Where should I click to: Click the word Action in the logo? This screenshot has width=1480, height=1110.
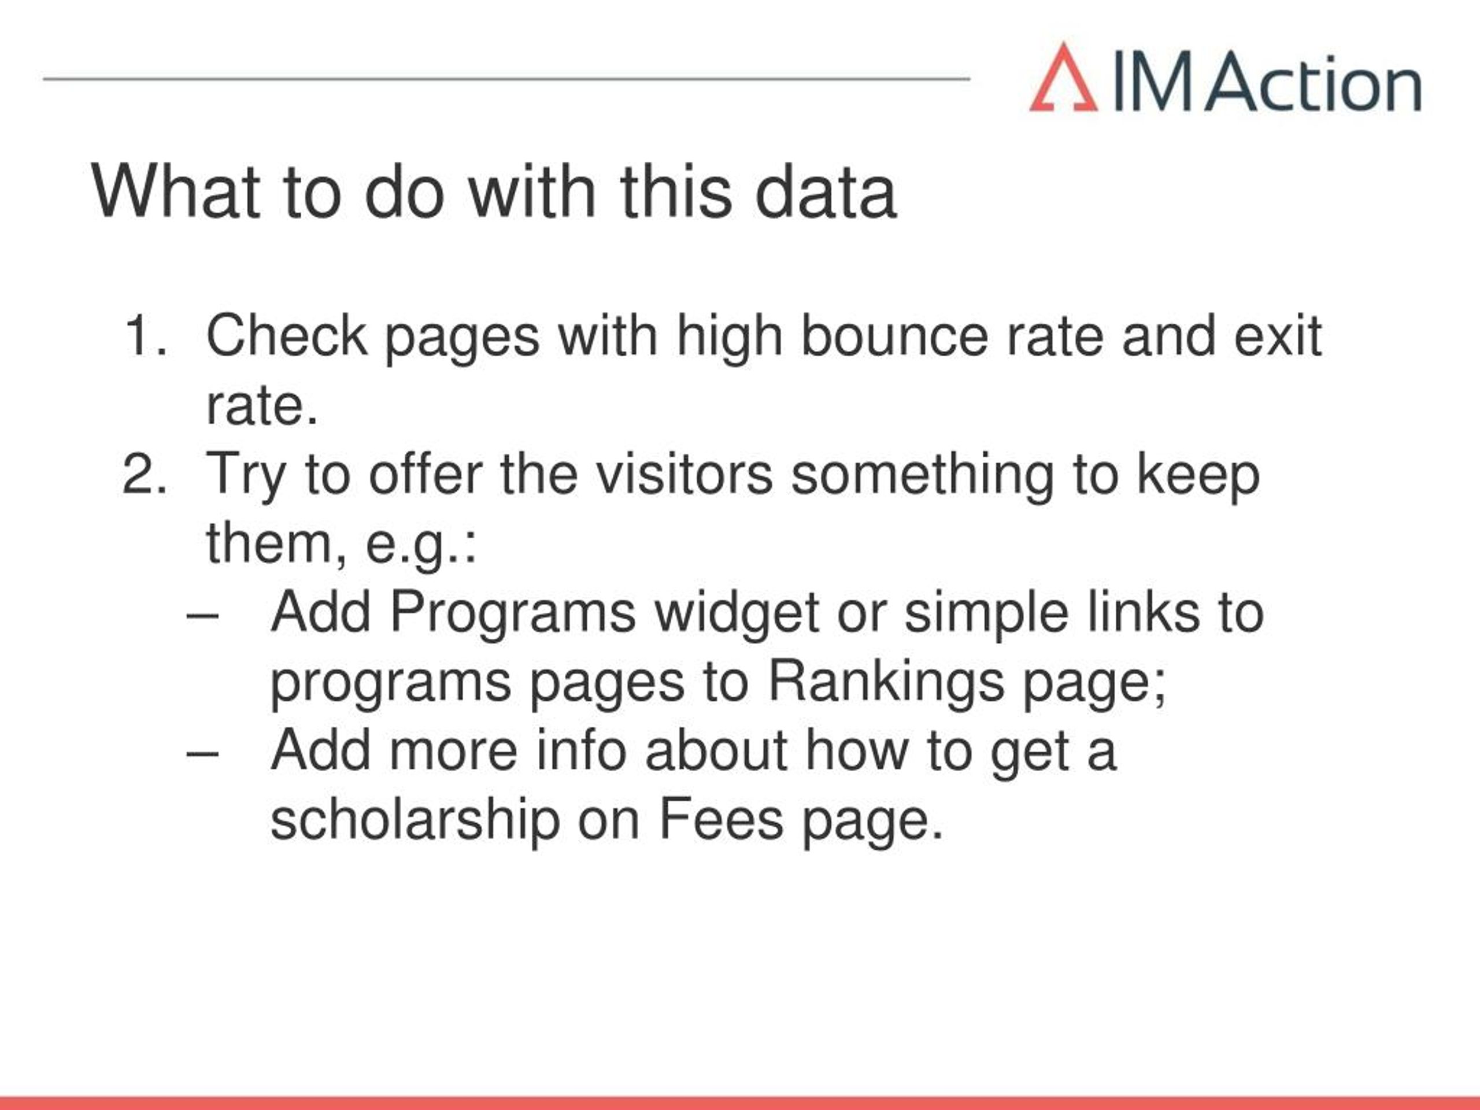coord(1313,82)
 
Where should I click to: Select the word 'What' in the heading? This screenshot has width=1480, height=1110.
coord(175,192)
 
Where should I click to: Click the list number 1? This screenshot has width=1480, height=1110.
coord(145,335)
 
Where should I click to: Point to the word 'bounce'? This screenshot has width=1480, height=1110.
coord(894,335)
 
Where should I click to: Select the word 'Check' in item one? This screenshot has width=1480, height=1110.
coord(286,335)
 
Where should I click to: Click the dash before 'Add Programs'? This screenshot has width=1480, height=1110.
coord(203,617)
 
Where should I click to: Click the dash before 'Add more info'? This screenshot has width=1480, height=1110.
coord(203,754)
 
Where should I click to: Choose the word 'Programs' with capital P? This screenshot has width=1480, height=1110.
coord(513,614)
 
